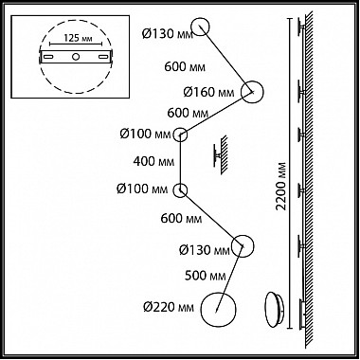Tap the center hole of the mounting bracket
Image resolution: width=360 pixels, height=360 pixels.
pos(76,57)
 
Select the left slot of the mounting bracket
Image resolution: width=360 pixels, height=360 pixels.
pos(48,57)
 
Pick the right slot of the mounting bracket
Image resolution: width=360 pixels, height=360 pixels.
pos(103,57)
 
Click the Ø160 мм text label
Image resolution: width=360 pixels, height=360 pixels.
pos(208,93)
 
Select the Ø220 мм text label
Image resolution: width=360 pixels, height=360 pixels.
pos(169,307)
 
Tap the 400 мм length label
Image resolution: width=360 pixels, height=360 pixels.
pos(153,162)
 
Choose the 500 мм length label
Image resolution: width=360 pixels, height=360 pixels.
pos(206,276)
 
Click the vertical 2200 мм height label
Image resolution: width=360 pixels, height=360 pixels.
pos(280,187)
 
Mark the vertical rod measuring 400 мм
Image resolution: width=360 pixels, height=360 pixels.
pos(180,163)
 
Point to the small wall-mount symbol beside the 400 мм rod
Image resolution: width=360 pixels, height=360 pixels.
pos(221,155)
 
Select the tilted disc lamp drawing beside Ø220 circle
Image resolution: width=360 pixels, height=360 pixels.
pos(275,310)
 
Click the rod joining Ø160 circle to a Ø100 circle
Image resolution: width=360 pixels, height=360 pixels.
pos(216,114)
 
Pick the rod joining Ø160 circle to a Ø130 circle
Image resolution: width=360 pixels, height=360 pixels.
pos(226,60)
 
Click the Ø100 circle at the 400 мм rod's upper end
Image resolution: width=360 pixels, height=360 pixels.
pos(180,129)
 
